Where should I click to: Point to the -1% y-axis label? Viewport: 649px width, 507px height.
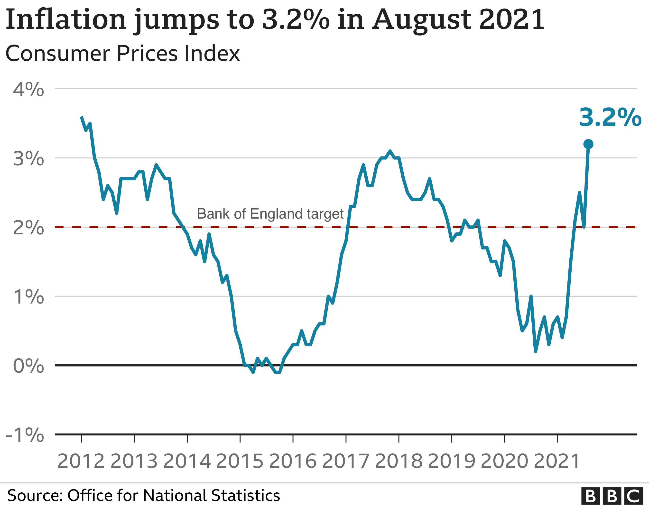click(x=25, y=435)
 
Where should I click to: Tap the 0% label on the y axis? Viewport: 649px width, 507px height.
click(x=28, y=366)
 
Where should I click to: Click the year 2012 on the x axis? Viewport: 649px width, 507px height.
click(x=81, y=461)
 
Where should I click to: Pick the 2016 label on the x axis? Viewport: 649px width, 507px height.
click(x=293, y=461)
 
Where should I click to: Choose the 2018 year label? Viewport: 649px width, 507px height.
click(x=399, y=461)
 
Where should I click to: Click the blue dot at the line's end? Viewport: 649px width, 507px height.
click(x=588, y=144)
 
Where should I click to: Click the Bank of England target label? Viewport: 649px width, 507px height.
click(x=270, y=214)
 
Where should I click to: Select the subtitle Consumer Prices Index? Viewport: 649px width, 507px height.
click(x=122, y=54)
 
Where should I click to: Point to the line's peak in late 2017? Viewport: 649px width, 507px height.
click(x=390, y=151)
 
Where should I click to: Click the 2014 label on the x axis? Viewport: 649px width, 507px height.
click(x=187, y=461)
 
